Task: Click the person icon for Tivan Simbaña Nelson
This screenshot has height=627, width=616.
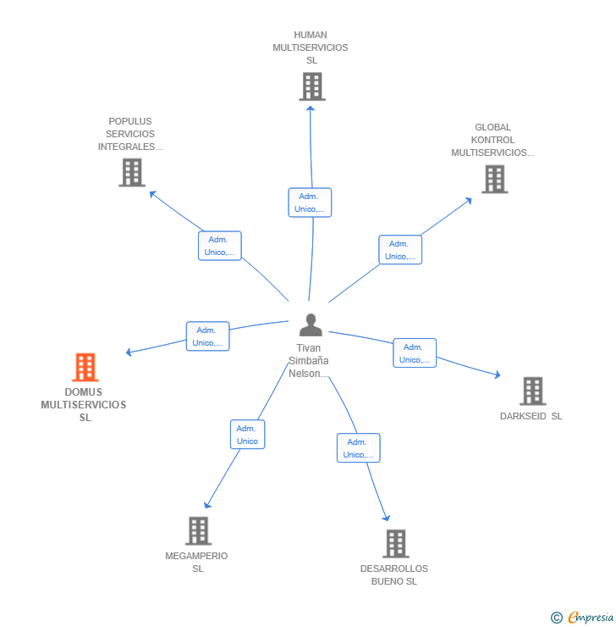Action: (311, 325)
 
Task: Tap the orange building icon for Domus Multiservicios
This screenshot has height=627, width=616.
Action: (85, 368)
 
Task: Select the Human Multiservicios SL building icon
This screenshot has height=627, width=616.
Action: (311, 86)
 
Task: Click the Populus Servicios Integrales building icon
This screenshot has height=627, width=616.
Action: (131, 173)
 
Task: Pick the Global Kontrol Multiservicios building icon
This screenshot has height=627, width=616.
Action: (493, 180)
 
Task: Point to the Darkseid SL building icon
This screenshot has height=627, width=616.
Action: (532, 391)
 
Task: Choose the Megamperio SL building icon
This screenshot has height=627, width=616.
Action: (197, 531)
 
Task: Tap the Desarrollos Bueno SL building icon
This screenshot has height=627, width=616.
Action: (395, 544)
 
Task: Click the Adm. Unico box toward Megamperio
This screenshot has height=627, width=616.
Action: (247, 435)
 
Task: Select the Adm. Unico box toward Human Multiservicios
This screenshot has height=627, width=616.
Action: (309, 203)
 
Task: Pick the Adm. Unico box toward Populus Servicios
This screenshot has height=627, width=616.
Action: (219, 246)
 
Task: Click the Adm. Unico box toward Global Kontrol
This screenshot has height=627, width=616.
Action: (399, 250)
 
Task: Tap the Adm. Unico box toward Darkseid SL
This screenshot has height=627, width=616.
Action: (415, 353)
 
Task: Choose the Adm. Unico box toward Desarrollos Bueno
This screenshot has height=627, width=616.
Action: (358, 448)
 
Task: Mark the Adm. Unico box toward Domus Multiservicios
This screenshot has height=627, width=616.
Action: (207, 336)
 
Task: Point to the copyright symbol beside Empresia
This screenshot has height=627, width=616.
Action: (557, 618)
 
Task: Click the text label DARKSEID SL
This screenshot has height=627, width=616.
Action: (531, 416)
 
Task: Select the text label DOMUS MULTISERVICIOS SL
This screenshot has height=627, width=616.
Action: (84, 405)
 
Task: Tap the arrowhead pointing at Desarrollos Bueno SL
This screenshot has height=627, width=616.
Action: (387, 518)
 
